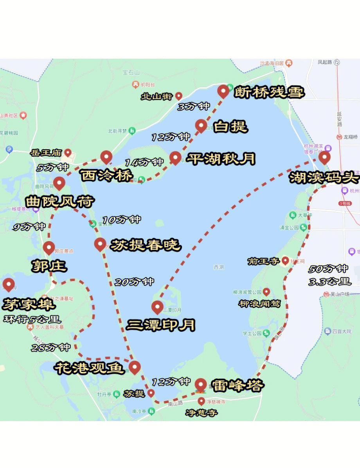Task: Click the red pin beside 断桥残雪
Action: [223, 91]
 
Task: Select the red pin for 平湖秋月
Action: [175, 158]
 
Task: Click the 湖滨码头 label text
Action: [324, 178]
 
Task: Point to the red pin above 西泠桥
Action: [106, 157]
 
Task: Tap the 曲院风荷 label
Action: [59, 202]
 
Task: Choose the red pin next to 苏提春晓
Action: [100, 244]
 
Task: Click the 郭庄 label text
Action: [49, 266]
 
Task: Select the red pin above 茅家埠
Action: [9, 285]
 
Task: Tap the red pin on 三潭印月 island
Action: [157, 307]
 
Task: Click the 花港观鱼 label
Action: [90, 368]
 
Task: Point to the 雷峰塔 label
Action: [237, 386]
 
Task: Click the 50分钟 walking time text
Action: [328, 269]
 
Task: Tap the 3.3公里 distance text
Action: [329, 281]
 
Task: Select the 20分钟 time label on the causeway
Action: [134, 282]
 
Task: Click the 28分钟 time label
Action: [51, 347]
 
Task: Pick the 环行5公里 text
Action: [32, 319]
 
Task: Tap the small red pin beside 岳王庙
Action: [68, 153]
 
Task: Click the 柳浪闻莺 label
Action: [259, 304]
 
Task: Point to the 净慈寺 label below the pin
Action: [201, 412]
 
